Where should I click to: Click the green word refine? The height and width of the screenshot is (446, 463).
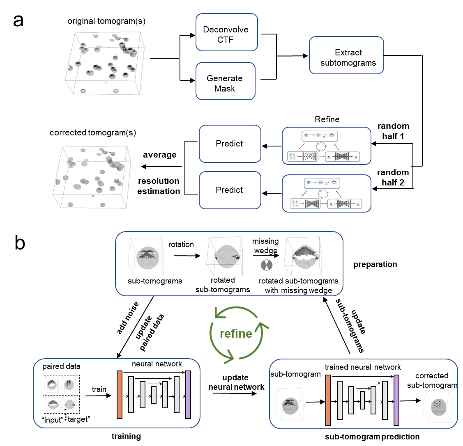pyautogui.click(x=236, y=334)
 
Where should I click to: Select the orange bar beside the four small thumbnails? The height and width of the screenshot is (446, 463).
pyautogui.click(x=120, y=394)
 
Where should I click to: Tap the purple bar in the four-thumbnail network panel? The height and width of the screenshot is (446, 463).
pyautogui.click(x=188, y=394)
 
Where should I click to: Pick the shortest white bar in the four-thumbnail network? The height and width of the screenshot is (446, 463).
pyautogui.click(x=154, y=395)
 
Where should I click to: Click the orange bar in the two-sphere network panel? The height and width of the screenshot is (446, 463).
pyautogui.click(x=328, y=400)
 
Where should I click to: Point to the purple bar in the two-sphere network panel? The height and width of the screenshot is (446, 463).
pyautogui.click(x=396, y=400)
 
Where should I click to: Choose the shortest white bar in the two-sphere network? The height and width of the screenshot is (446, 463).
pyautogui.click(x=362, y=400)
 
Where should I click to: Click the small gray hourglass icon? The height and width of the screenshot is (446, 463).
pyautogui.click(x=266, y=265)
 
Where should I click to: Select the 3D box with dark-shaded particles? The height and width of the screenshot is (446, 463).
pyautogui.click(x=105, y=63)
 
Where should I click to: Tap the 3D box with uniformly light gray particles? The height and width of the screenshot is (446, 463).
pyautogui.click(x=92, y=176)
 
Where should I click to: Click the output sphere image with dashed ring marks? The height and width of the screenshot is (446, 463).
pyautogui.click(x=438, y=405)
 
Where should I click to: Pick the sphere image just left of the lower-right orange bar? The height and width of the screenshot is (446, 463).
pyautogui.click(x=289, y=404)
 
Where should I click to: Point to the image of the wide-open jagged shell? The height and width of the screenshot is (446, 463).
pyautogui.click(x=303, y=256)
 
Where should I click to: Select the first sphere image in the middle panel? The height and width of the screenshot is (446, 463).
pyautogui.click(x=146, y=257)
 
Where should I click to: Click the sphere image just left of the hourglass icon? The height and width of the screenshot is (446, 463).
pyautogui.click(x=225, y=255)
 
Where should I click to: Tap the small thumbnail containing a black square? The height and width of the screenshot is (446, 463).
pyautogui.click(x=69, y=404)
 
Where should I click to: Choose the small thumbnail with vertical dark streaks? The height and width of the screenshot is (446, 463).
pyautogui.click(x=69, y=384)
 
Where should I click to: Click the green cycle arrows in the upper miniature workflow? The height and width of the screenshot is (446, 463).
pyautogui.click(x=320, y=147)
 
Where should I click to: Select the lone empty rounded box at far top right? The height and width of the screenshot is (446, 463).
pyautogui.click(x=346, y=55)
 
